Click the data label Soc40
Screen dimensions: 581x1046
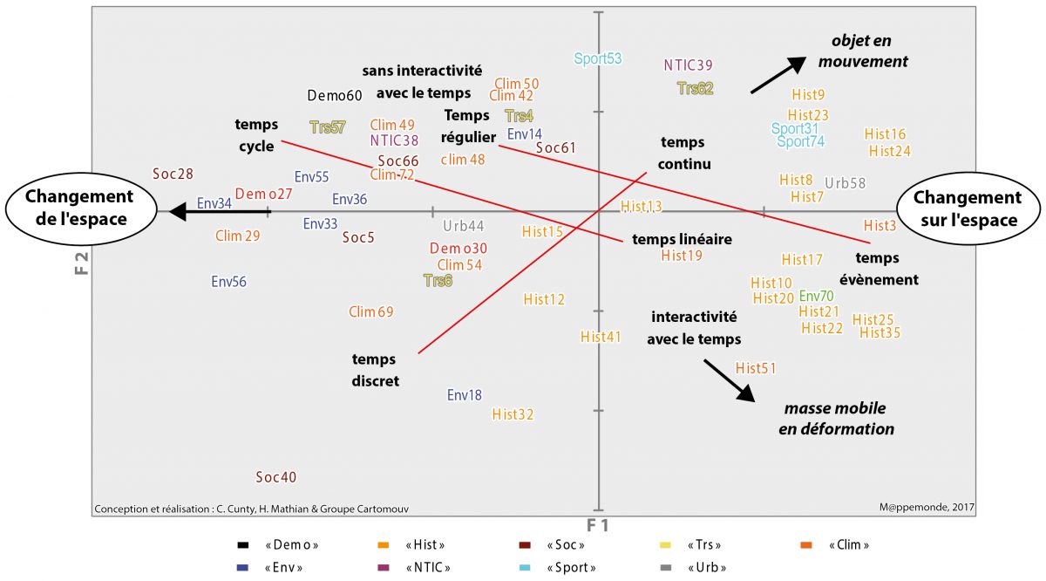coord(276,477)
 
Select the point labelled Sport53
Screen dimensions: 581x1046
coord(598,58)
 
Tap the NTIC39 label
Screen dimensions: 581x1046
coord(688,65)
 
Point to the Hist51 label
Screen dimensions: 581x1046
coord(756,368)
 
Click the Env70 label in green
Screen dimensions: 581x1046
coord(816,296)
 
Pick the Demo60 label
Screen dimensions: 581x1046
coord(335,96)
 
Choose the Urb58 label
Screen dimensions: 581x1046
coord(845,183)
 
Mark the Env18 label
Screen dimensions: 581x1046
coord(464,394)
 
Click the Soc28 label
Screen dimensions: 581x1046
coord(173,174)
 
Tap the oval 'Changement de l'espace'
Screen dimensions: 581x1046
coord(78,208)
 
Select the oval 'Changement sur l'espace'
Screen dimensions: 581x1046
coord(968,209)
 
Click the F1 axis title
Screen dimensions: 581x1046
coord(597,525)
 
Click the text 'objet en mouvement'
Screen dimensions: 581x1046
coord(861,51)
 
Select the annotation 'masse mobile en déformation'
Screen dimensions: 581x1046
coord(836,419)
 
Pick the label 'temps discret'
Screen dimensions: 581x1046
coord(374,370)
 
